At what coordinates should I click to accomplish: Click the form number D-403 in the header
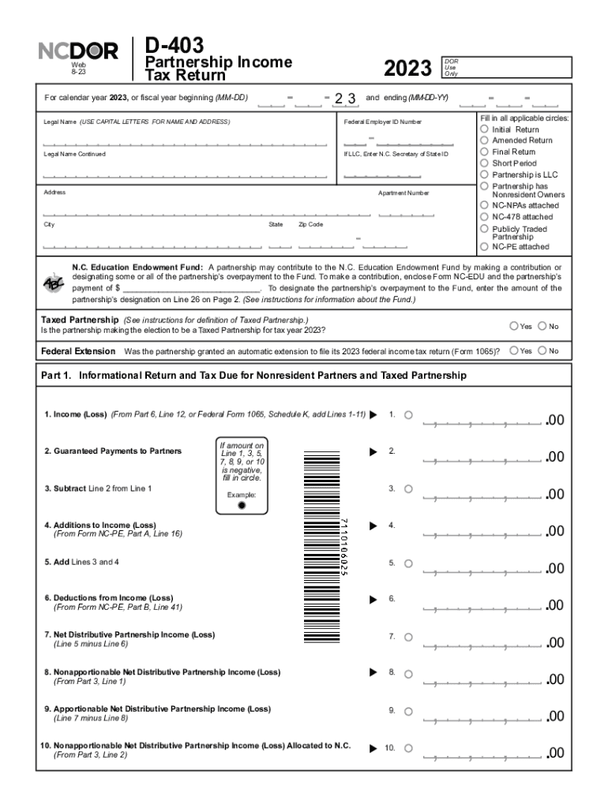[175, 45]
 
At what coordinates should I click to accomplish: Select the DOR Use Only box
[505, 67]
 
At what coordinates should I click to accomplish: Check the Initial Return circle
[484, 129]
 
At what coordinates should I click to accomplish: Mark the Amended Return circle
[484, 140]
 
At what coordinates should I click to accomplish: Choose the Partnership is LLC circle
[484, 174]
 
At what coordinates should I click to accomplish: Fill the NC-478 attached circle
[484, 216]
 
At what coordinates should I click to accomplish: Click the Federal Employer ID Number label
[383, 122]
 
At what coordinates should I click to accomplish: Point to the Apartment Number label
[403, 193]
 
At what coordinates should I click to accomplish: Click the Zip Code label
[310, 225]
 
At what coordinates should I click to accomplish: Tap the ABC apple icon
[53, 282]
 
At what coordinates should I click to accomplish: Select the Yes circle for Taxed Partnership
[514, 326]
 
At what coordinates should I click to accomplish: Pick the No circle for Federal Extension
[542, 350]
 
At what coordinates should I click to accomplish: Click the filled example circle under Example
[242, 506]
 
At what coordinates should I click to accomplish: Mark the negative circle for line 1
[408, 415]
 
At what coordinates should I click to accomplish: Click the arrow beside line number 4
[373, 525]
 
